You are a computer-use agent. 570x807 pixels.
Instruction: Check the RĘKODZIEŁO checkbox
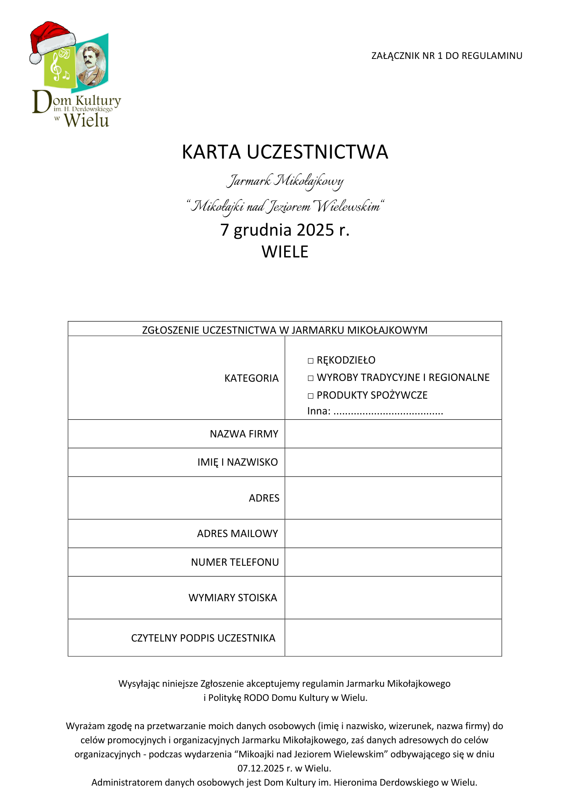[x=310, y=361]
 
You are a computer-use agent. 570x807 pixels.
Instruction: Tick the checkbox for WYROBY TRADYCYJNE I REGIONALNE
[x=310, y=378]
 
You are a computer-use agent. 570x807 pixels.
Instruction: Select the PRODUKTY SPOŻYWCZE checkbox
[x=310, y=396]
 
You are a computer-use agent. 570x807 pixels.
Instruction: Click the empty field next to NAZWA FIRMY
[x=393, y=434]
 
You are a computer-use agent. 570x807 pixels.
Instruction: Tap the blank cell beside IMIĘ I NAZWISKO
[x=393, y=462]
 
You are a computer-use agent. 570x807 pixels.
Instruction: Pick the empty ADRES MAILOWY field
[x=393, y=533]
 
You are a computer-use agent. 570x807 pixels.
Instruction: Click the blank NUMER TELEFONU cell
[x=393, y=562]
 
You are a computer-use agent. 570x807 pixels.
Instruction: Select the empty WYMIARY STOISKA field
[x=393, y=598]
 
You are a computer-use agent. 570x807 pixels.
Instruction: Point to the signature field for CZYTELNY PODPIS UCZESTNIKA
[x=393, y=638]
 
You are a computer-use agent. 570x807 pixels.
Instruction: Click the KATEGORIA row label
[x=251, y=378]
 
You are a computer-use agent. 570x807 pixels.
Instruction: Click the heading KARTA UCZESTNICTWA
[x=285, y=152]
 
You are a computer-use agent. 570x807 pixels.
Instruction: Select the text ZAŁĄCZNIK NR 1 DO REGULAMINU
[x=447, y=56]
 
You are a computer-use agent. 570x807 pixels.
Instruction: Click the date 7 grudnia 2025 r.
[x=285, y=230]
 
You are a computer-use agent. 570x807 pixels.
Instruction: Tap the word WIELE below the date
[x=285, y=252]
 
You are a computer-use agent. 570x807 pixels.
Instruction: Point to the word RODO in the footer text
[x=256, y=698]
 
